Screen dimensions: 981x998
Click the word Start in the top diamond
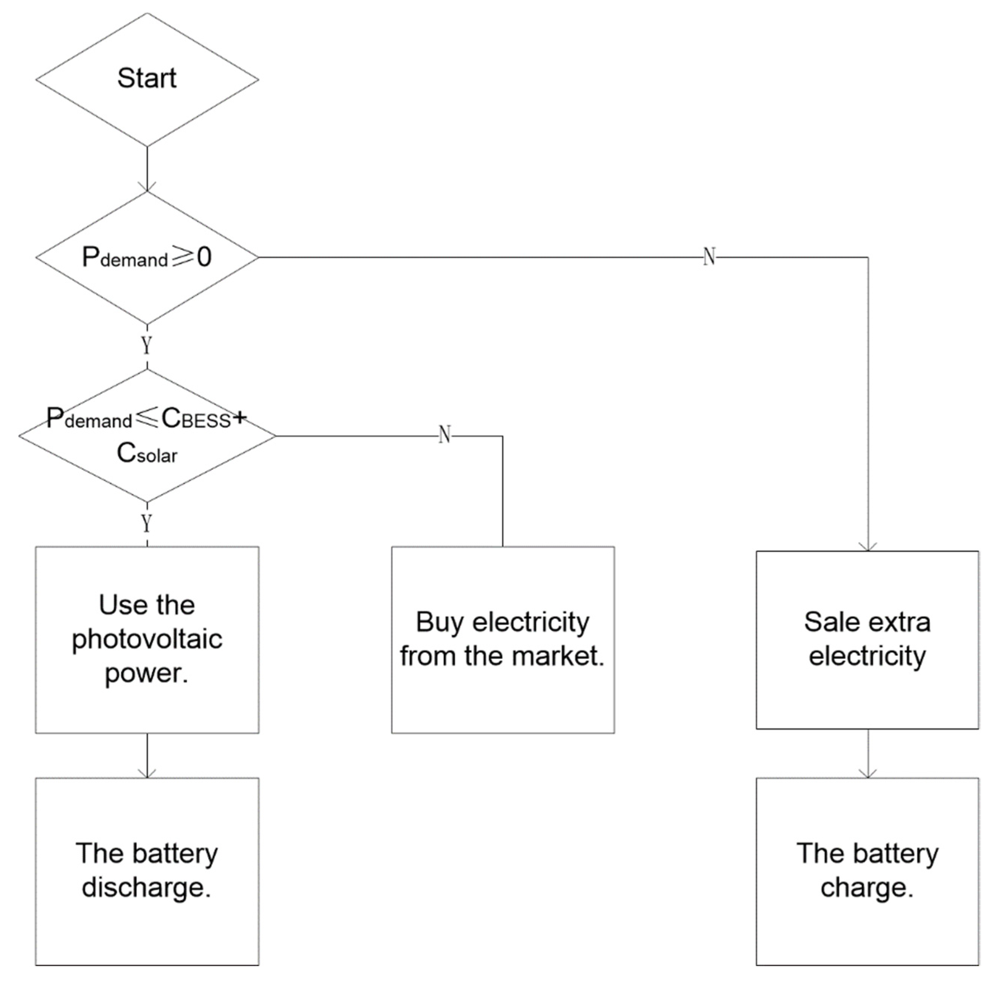146,79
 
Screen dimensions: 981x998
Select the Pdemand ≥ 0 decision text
146,257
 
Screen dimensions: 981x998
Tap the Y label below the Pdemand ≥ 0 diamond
147,346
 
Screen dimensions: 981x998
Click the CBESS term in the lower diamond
196,419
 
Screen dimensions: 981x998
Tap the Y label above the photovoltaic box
147,524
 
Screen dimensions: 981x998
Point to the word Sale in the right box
829,622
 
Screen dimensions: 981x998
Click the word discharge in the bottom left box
146,888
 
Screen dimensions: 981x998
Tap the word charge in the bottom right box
867,888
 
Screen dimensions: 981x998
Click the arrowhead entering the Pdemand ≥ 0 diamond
147,187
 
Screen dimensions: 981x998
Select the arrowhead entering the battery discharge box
147,773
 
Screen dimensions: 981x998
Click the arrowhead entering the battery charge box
868,773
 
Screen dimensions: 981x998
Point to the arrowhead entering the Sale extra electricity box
868,547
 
